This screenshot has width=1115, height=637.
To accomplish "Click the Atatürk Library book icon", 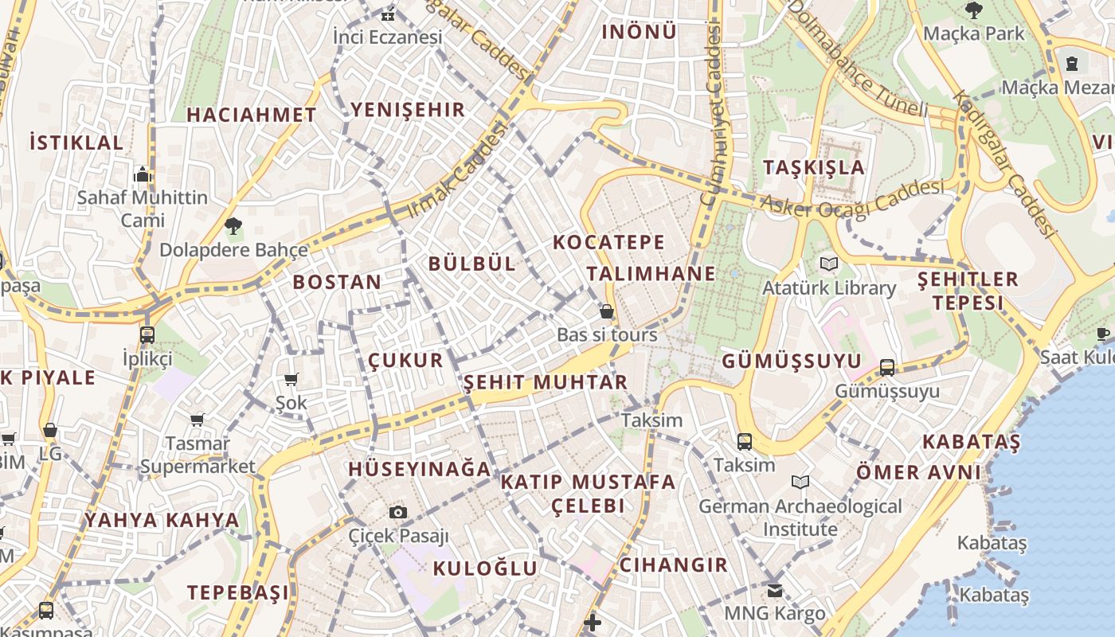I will click(x=829, y=264).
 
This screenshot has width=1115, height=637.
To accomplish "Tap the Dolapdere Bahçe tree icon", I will click(x=233, y=226).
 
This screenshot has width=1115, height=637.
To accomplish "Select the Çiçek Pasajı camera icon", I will click(x=398, y=512).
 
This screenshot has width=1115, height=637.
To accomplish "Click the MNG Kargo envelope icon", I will click(x=774, y=591).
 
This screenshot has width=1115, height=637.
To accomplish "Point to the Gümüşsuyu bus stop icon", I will click(x=887, y=368).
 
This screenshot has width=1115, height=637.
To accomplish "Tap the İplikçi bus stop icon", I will click(x=147, y=335).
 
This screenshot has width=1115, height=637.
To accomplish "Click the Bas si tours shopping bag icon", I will click(x=607, y=311).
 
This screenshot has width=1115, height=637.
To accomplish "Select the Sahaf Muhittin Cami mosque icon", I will click(x=143, y=174).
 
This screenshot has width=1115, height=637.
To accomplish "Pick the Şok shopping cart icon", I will click(x=291, y=380).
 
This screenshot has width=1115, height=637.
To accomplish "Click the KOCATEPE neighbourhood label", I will click(x=608, y=242).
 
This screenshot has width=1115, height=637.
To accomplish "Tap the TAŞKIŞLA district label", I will click(x=814, y=167).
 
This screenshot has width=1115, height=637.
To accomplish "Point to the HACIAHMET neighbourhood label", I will click(x=252, y=115).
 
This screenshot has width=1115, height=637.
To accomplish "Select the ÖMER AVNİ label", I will click(x=918, y=472).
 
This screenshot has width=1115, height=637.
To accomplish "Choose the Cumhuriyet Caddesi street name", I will click(x=710, y=115).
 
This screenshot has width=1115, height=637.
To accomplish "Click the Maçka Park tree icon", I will click(x=973, y=10).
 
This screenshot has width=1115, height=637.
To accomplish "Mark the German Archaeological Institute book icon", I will click(x=800, y=482).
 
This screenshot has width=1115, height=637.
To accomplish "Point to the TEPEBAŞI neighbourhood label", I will click(x=238, y=592).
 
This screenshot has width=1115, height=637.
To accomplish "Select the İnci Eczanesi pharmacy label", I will click(x=387, y=37).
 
